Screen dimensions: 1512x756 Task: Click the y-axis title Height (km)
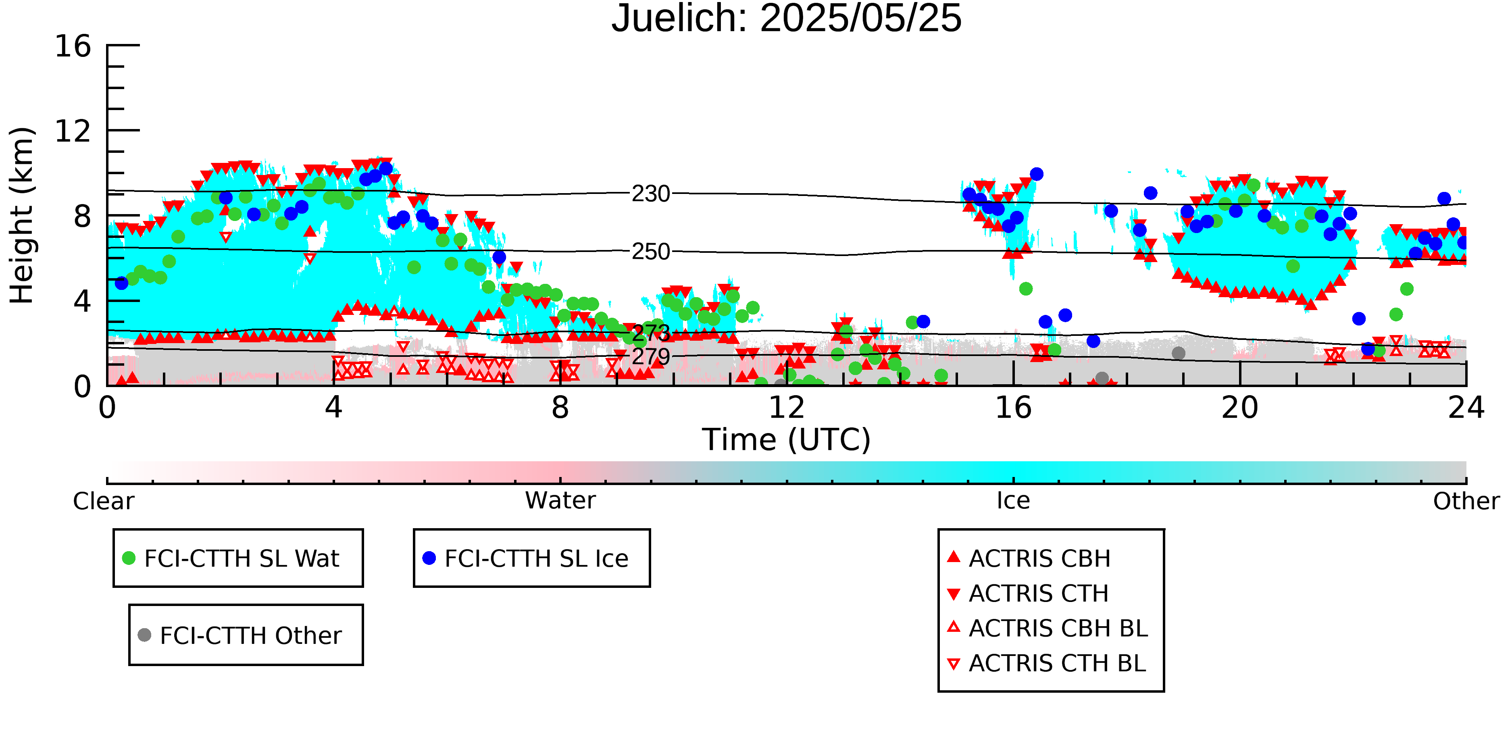click(x=22, y=215)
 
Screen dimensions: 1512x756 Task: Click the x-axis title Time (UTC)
click(x=787, y=439)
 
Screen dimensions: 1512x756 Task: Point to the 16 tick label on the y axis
click(x=73, y=46)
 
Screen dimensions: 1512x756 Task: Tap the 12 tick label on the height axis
click(x=73, y=131)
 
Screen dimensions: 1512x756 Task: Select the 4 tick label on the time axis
click(x=333, y=407)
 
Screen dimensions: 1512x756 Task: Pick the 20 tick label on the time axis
click(x=1240, y=407)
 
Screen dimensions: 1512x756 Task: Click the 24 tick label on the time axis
click(x=1466, y=407)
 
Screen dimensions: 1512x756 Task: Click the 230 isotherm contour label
click(x=650, y=194)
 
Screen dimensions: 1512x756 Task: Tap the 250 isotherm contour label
click(x=650, y=252)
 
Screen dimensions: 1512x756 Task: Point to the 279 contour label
click(x=650, y=356)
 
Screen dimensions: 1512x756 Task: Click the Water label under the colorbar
click(x=560, y=501)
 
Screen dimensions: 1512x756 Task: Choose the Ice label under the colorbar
click(x=1013, y=501)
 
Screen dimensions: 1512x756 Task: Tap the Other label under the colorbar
click(x=1466, y=501)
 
